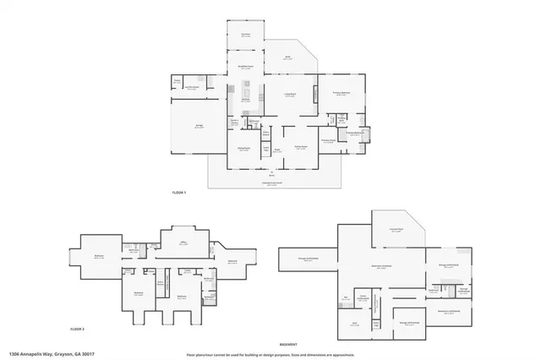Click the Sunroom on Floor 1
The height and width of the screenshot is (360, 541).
(245, 35)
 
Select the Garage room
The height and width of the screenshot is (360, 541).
(199, 127)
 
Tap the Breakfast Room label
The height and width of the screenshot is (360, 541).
(245, 68)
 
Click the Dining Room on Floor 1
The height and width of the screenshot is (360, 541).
(243, 150)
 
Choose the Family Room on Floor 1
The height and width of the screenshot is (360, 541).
(300, 147)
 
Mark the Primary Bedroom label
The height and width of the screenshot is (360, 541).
(342, 95)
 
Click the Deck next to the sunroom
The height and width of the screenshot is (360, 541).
(287, 57)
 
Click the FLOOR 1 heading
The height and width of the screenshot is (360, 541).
(178, 194)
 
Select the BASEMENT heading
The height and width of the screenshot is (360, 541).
(290, 346)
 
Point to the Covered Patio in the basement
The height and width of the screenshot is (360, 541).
(395, 229)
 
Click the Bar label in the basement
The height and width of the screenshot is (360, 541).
(346, 297)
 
